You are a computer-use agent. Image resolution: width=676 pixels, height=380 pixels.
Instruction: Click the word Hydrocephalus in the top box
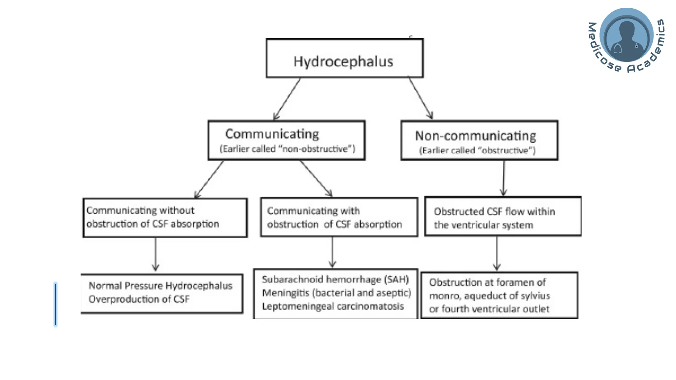pos(343,62)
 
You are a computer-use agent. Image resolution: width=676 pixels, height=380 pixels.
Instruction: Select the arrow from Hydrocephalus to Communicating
pos(287,99)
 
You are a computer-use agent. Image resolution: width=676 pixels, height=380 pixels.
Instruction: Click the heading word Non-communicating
pos(475,136)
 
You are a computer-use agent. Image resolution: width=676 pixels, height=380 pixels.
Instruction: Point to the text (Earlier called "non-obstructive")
pos(287,149)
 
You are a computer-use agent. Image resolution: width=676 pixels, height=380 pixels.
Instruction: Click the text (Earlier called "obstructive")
pos(477,150)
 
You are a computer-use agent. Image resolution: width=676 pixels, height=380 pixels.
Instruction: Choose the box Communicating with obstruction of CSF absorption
pos(339,217)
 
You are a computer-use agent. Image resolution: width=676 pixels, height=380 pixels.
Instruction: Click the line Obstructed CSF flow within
pos(494,211)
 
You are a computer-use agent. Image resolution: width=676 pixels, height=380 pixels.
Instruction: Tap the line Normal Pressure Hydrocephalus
pos(160,285)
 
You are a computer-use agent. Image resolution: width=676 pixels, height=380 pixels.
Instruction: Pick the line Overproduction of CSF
pos(139,299)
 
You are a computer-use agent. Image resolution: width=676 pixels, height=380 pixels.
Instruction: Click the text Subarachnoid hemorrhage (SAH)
pos(335,279)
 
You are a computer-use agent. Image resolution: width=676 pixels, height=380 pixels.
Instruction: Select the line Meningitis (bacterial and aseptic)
pos(336,293)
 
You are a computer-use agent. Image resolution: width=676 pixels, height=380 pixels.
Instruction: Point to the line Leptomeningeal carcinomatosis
pos(333,306)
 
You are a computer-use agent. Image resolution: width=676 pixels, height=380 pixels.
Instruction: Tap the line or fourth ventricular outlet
pos(489,309)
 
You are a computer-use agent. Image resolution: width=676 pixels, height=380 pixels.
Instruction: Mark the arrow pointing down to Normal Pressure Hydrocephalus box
pos(156,254)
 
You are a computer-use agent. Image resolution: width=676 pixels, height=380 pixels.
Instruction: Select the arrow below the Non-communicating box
pos(503,178)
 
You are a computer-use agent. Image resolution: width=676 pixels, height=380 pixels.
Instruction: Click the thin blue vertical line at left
pos(55,304)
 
